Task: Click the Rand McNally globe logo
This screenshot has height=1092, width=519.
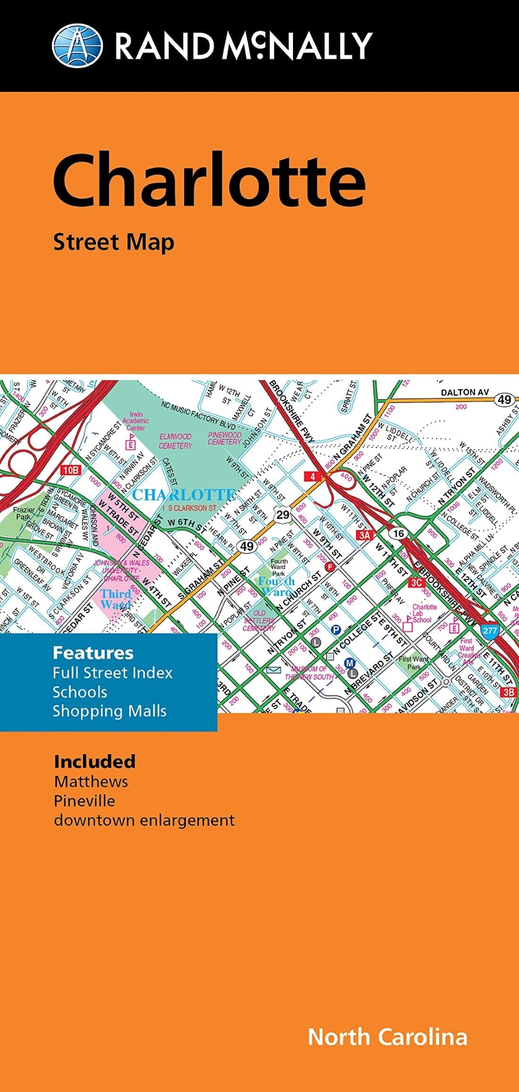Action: coord(77,46)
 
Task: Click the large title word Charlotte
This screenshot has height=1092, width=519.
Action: coord(209,181)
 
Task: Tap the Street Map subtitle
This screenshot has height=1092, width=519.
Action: coord(114,243)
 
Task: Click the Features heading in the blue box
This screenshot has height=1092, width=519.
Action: coord(93,653)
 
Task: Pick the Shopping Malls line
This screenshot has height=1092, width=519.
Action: coord(109,711)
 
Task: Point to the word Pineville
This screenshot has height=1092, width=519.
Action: coord(84,800)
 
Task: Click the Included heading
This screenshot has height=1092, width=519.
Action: coord(95,761)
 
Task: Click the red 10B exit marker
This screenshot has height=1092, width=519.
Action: coord(71,470)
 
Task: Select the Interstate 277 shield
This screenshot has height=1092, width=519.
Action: coord(489,630)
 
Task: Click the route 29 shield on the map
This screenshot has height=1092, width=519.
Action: coord(283,514)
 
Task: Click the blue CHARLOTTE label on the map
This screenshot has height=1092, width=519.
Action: coord(184,495)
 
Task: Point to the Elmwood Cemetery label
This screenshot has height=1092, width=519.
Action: coord(176,441)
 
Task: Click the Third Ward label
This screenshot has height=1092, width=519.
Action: coord(116,599)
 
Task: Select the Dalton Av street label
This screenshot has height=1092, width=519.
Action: coord(464,392)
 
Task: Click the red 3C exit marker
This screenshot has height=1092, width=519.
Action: coord(416,582)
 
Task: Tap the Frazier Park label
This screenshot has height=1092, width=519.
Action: coord(24,513)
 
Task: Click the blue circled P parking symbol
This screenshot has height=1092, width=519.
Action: coord(335,629)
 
